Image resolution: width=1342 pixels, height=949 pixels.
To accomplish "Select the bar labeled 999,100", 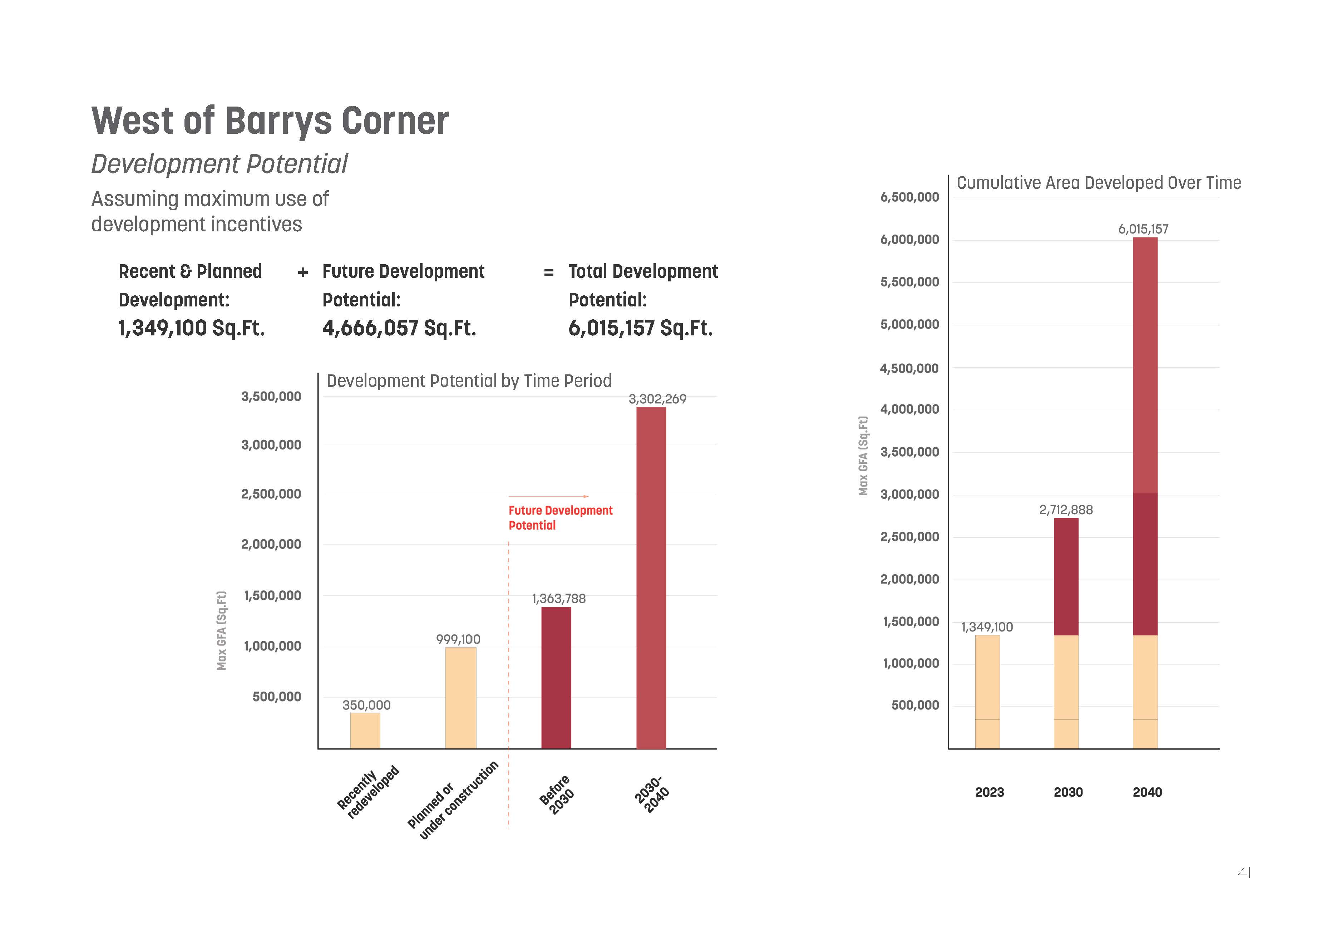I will (x=460, y=697).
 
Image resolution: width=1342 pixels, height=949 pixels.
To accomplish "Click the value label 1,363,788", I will (x=558, y=598).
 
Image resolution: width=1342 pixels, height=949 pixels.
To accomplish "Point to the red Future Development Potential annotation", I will (x=560, y=517).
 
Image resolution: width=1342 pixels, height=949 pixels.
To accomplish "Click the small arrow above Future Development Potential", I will (x=549, y=496).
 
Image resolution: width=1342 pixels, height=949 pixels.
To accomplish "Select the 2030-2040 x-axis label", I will (x=652, y=794).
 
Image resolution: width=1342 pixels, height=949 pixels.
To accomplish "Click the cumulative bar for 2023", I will (x=987, y=691).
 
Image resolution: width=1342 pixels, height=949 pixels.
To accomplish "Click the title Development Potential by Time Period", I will (x=469, y=381).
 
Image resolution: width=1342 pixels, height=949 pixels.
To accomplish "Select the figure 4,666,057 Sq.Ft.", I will (x=399, y=328).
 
